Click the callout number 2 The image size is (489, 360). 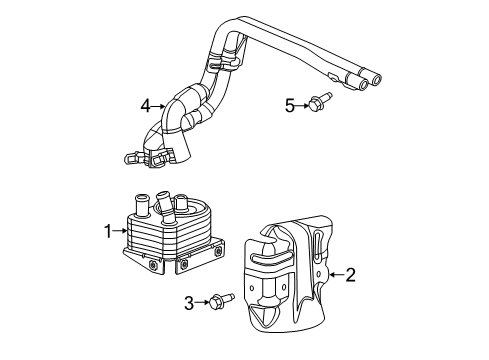point(350,273)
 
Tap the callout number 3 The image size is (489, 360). point(189,302)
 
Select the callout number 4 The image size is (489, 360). point(145,104)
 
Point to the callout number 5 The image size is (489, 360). point(289,104)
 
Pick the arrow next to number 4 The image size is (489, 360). point(160,104)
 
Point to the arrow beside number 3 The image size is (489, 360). point(203,301)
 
